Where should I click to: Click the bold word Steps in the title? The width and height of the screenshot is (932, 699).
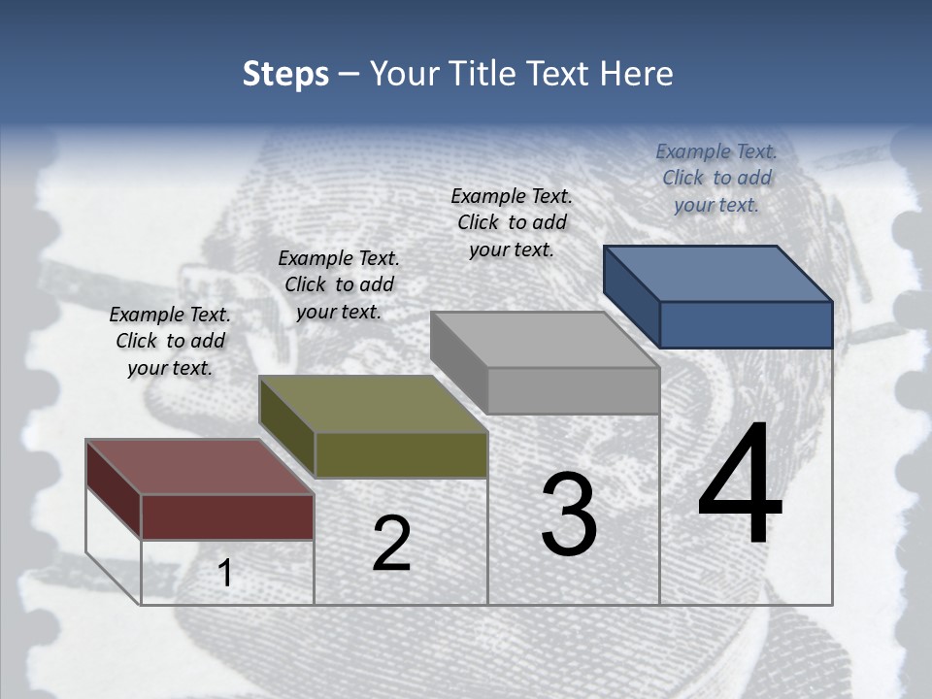[285, 74]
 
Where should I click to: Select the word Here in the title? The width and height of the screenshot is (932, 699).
[636, 74]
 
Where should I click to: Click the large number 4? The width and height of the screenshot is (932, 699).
[740, 485]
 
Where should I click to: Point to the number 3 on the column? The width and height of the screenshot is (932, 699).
[568, 515]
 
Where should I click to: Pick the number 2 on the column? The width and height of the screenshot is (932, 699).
[391, 544]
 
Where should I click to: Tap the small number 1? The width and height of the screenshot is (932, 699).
[225, 574]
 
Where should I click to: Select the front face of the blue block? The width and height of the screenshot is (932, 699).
[746, 324]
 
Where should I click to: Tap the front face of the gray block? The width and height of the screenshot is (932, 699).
[573, 390]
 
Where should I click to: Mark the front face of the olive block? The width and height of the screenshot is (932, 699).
[401, 454]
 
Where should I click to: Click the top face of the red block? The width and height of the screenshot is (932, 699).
[200, 467]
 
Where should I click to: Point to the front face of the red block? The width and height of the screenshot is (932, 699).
[227, 516]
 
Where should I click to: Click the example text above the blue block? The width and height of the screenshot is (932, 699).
[716, 178]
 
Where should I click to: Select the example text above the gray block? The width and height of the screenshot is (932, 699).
[512, 222]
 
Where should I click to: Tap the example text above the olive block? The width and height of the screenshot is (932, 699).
[339, 284]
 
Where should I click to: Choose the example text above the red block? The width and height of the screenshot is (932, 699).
[170, 341]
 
